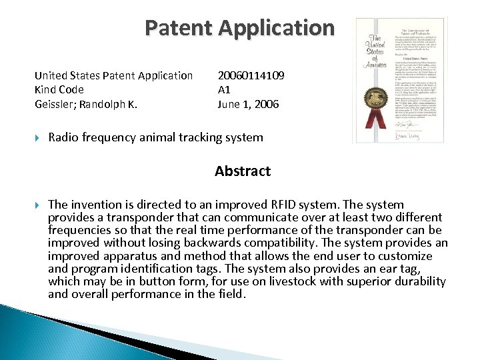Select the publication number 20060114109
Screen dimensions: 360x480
[251, 75]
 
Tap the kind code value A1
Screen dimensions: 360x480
[224, 89]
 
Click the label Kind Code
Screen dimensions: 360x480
[59, 89]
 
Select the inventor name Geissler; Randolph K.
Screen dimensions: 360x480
[91, 104]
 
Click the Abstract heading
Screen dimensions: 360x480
[243, 171]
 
